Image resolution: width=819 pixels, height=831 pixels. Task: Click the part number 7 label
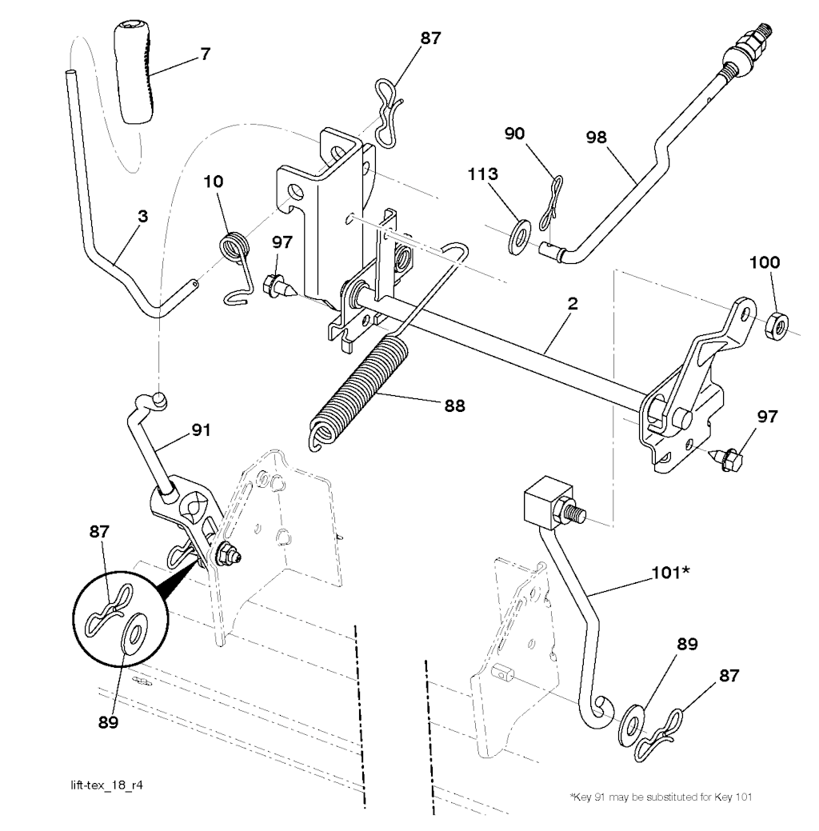point(206,54)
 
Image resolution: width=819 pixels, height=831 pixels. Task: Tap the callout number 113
point(482,174)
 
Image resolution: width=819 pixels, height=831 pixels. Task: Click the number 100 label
point(765,262)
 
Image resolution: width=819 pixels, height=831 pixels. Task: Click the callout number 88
point(454,406)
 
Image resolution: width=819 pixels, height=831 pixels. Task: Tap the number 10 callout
point(214,182)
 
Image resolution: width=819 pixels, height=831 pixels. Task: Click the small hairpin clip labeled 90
point(550,203)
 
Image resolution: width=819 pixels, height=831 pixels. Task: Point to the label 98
point(596,138)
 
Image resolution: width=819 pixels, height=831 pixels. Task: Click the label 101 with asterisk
point(670,572)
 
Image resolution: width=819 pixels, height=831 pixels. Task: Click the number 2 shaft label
point(572,304)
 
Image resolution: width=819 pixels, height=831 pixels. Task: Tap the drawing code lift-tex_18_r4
point(106,785)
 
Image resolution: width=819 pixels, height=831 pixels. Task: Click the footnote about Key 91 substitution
point(661,797)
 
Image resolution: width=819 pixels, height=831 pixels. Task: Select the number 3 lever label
point(142,216)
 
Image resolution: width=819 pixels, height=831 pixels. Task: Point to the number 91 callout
point(201,429)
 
